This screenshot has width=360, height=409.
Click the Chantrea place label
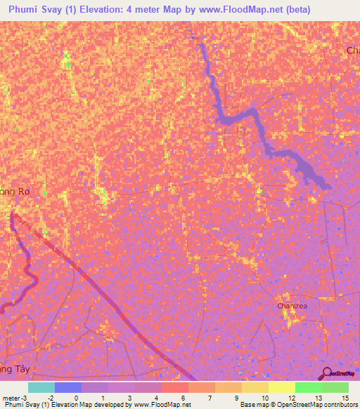click(x=292, y=306)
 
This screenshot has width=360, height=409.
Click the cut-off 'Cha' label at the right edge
click(x=352, y=51)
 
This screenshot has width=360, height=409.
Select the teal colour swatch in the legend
click(x=41, y=387)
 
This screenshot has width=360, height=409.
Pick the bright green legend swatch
click(x=308, y=387)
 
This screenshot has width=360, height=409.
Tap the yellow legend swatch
click(x=281, y=387)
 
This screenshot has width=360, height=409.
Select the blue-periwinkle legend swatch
click(x=67, y=387)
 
